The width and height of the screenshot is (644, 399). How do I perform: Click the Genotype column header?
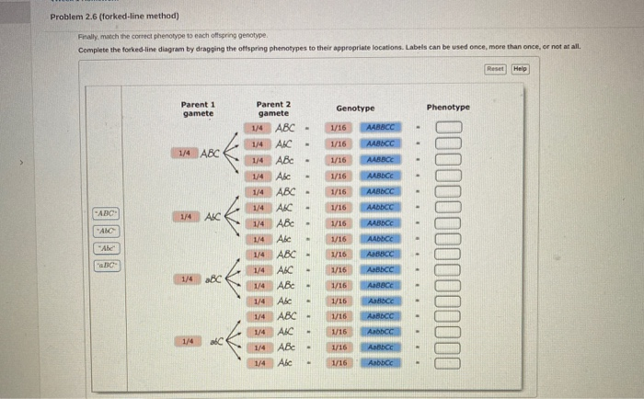tap(355, 108)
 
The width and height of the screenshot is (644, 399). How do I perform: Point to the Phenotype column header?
tap(448, 108)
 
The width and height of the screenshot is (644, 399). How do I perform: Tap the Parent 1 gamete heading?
tap(198, 108)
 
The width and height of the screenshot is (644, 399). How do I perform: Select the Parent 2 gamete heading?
tap(273, 108)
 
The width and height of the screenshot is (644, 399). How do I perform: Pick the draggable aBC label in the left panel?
tap(107, 265)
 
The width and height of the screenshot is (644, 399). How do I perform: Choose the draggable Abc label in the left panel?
tap(107, 248)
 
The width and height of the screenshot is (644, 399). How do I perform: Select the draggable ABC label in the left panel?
tap(107, 214)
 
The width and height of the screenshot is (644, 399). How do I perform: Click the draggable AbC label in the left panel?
tap(107, 231)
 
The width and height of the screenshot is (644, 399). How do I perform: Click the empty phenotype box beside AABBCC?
tap(447, 128)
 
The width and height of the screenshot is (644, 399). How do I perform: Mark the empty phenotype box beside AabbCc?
tap(447, 362)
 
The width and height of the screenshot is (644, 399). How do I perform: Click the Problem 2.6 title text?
tap(115, 16)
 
